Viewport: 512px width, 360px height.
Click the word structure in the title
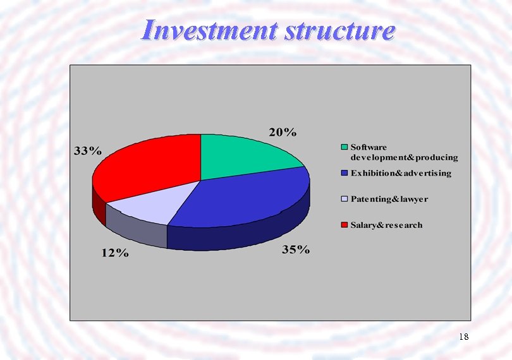339,30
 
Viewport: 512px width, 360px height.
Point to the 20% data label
283,132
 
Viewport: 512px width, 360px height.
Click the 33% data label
87,151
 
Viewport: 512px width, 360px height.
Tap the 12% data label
115,253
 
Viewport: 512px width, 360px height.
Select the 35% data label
296,249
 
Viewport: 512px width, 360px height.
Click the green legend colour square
344,147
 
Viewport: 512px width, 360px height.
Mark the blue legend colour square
344,173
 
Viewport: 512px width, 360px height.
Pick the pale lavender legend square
344,200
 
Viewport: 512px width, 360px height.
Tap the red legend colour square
344,225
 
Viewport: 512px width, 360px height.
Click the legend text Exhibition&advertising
401,173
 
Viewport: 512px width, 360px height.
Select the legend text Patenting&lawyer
389,200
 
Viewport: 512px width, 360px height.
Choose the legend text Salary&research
387,225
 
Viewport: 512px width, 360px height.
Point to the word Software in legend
369,147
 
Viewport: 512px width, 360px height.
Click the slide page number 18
463,337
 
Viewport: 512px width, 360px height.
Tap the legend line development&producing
404,157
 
